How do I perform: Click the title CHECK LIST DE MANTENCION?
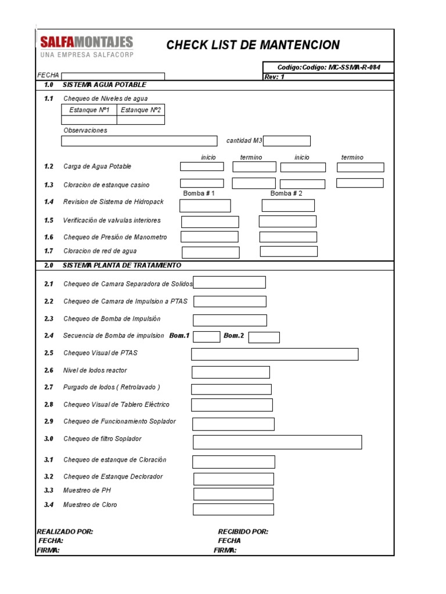coord(253,45)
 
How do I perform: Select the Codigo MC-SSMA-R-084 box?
coord(328,67)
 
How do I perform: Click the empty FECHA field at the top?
coord(113,76)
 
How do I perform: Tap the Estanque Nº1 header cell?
coord(89,110)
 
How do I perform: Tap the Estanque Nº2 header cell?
coord(141,110)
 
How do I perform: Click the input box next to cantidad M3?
coord(287,141)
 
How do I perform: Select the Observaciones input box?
coord(139,141)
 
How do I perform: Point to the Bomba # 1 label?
coord(199,193)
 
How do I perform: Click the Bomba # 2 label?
coord(286,193)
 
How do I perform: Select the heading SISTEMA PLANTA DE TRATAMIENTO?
coord(122,265)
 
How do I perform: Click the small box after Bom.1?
coord(206,337)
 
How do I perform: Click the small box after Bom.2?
coord(264,337)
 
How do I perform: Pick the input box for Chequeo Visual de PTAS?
coord(275,354)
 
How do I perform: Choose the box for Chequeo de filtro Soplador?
coord(277,442)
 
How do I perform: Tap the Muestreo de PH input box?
coord(233,494)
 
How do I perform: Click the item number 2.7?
coord(49,387)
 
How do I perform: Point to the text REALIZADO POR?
coord(64,531)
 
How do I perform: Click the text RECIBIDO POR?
coord(243,531)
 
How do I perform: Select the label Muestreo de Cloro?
coord(90,505)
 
